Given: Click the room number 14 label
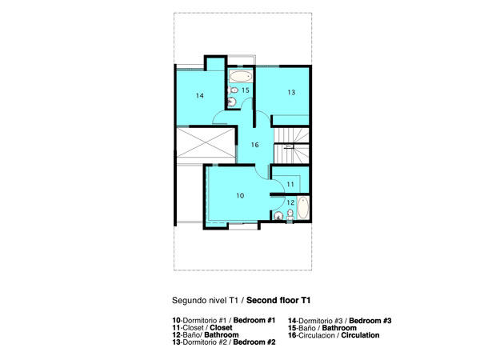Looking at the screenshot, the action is point(199,96).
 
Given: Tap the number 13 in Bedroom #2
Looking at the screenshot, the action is point(291,92).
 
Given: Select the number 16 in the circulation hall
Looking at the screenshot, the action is point(254,145).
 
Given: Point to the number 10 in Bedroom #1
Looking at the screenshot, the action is point(240,196).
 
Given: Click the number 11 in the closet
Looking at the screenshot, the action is point(290,184).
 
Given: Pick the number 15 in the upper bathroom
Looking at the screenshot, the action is point(246,90).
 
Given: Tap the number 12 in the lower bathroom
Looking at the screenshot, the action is point(290,202).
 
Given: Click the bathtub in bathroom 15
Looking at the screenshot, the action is point(241,76).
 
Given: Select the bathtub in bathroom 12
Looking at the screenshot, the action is point(302,208).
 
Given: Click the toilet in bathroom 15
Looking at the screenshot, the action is point(233,90).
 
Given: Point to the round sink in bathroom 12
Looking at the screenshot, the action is point(278,216).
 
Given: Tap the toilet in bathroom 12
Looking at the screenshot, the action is point(290,214).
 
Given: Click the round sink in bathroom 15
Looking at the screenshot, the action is point(232,102).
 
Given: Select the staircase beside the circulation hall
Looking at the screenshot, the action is point(291,146).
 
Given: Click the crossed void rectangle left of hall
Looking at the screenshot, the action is point(206,143).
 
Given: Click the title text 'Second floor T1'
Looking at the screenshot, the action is point(278,300).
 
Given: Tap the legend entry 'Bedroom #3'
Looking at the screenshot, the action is point(370,321).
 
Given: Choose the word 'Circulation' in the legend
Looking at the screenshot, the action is point(360,335).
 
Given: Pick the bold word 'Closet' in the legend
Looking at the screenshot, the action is point(221,327).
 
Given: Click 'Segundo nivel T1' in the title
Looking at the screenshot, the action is point(205,300).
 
